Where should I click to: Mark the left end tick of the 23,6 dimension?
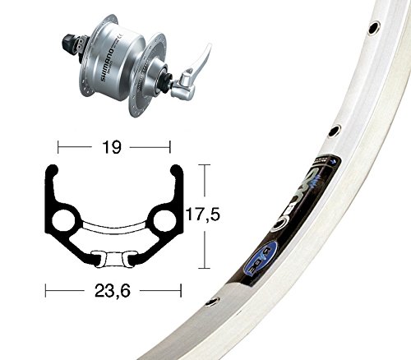[x=46, y=289]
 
